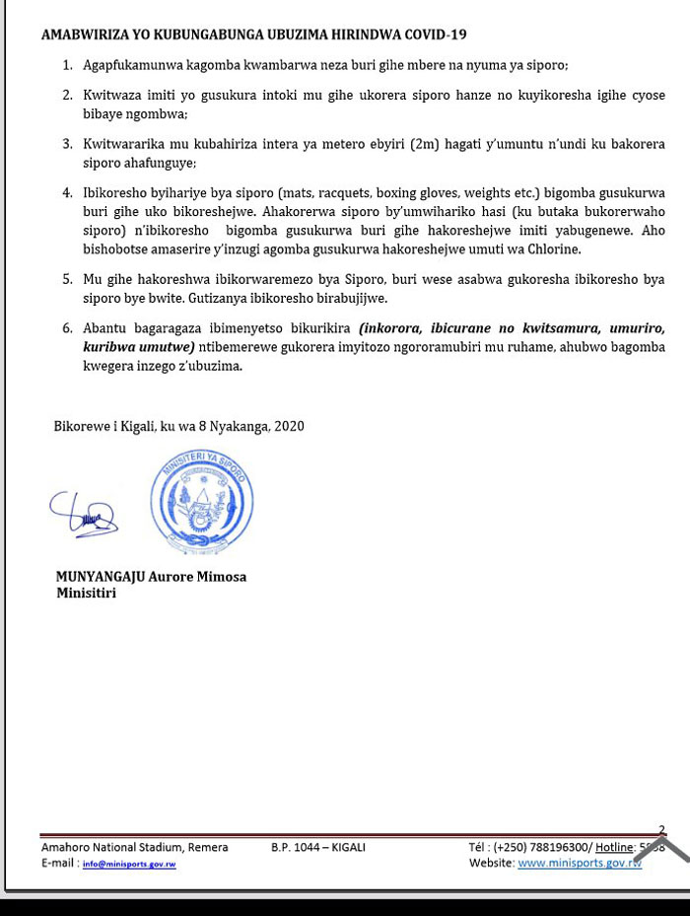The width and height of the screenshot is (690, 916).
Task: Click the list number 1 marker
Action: (x=67, y=65)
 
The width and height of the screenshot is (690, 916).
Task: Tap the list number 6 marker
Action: (x=67, y=327)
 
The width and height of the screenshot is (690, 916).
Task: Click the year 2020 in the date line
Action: (x=289, y=426)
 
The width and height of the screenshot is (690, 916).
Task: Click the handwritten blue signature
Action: (x=83, y=514)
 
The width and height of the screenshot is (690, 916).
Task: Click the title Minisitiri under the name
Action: (x=87, y=593)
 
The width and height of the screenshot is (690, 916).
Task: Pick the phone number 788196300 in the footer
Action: (x=560, y=847)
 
